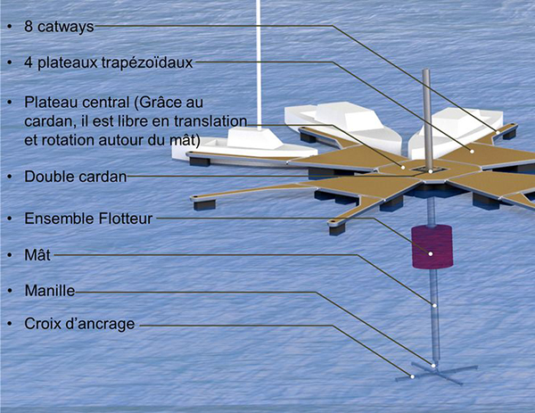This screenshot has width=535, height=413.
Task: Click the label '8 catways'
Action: tap(59, 27)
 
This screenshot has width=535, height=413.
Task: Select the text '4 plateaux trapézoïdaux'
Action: tap(109, 62)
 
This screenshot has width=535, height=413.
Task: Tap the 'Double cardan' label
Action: tap(76, 177)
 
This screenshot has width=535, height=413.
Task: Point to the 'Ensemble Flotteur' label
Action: tap(88, 219)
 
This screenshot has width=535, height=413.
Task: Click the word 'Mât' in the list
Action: tap(37, 254)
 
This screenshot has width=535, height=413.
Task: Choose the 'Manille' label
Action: tap(50, 291)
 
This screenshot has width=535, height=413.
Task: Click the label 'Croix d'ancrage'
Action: tap(79, 324)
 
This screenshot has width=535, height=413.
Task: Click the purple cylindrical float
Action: tap(432, 246)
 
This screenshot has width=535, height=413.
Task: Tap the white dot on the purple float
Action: tap(431, 253)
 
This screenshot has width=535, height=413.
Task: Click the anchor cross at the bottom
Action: tap(436, 373)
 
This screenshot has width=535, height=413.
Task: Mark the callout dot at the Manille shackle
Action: tap(433, 366)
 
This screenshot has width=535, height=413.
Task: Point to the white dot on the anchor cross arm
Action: tap(412, 376)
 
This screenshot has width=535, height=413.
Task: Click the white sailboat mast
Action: tap(259, 64)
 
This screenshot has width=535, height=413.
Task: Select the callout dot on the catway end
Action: tap(498, 132)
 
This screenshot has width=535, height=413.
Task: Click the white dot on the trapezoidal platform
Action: tap(473, 151)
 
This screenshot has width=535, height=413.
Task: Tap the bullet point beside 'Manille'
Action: tap(10, 291)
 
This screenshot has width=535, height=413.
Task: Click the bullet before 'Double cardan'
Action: tap(10, 177)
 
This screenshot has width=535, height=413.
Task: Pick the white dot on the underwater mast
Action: tap(434, 305)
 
